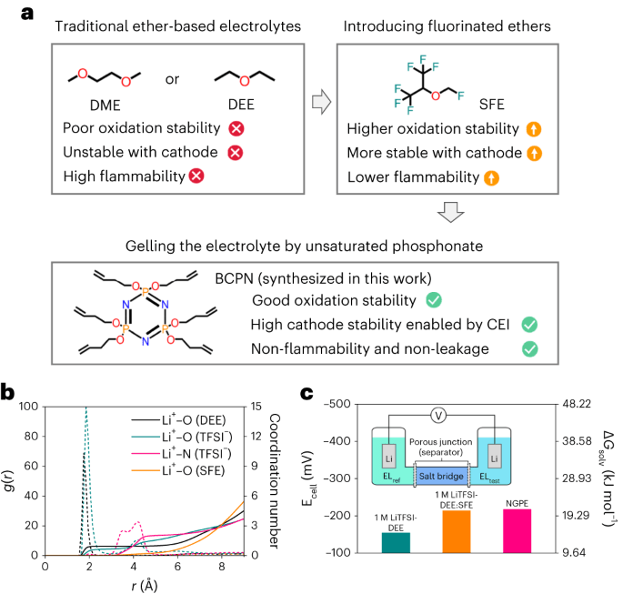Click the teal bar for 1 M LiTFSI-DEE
[x=396, y=542]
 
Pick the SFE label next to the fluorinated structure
[x=515, y=106]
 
